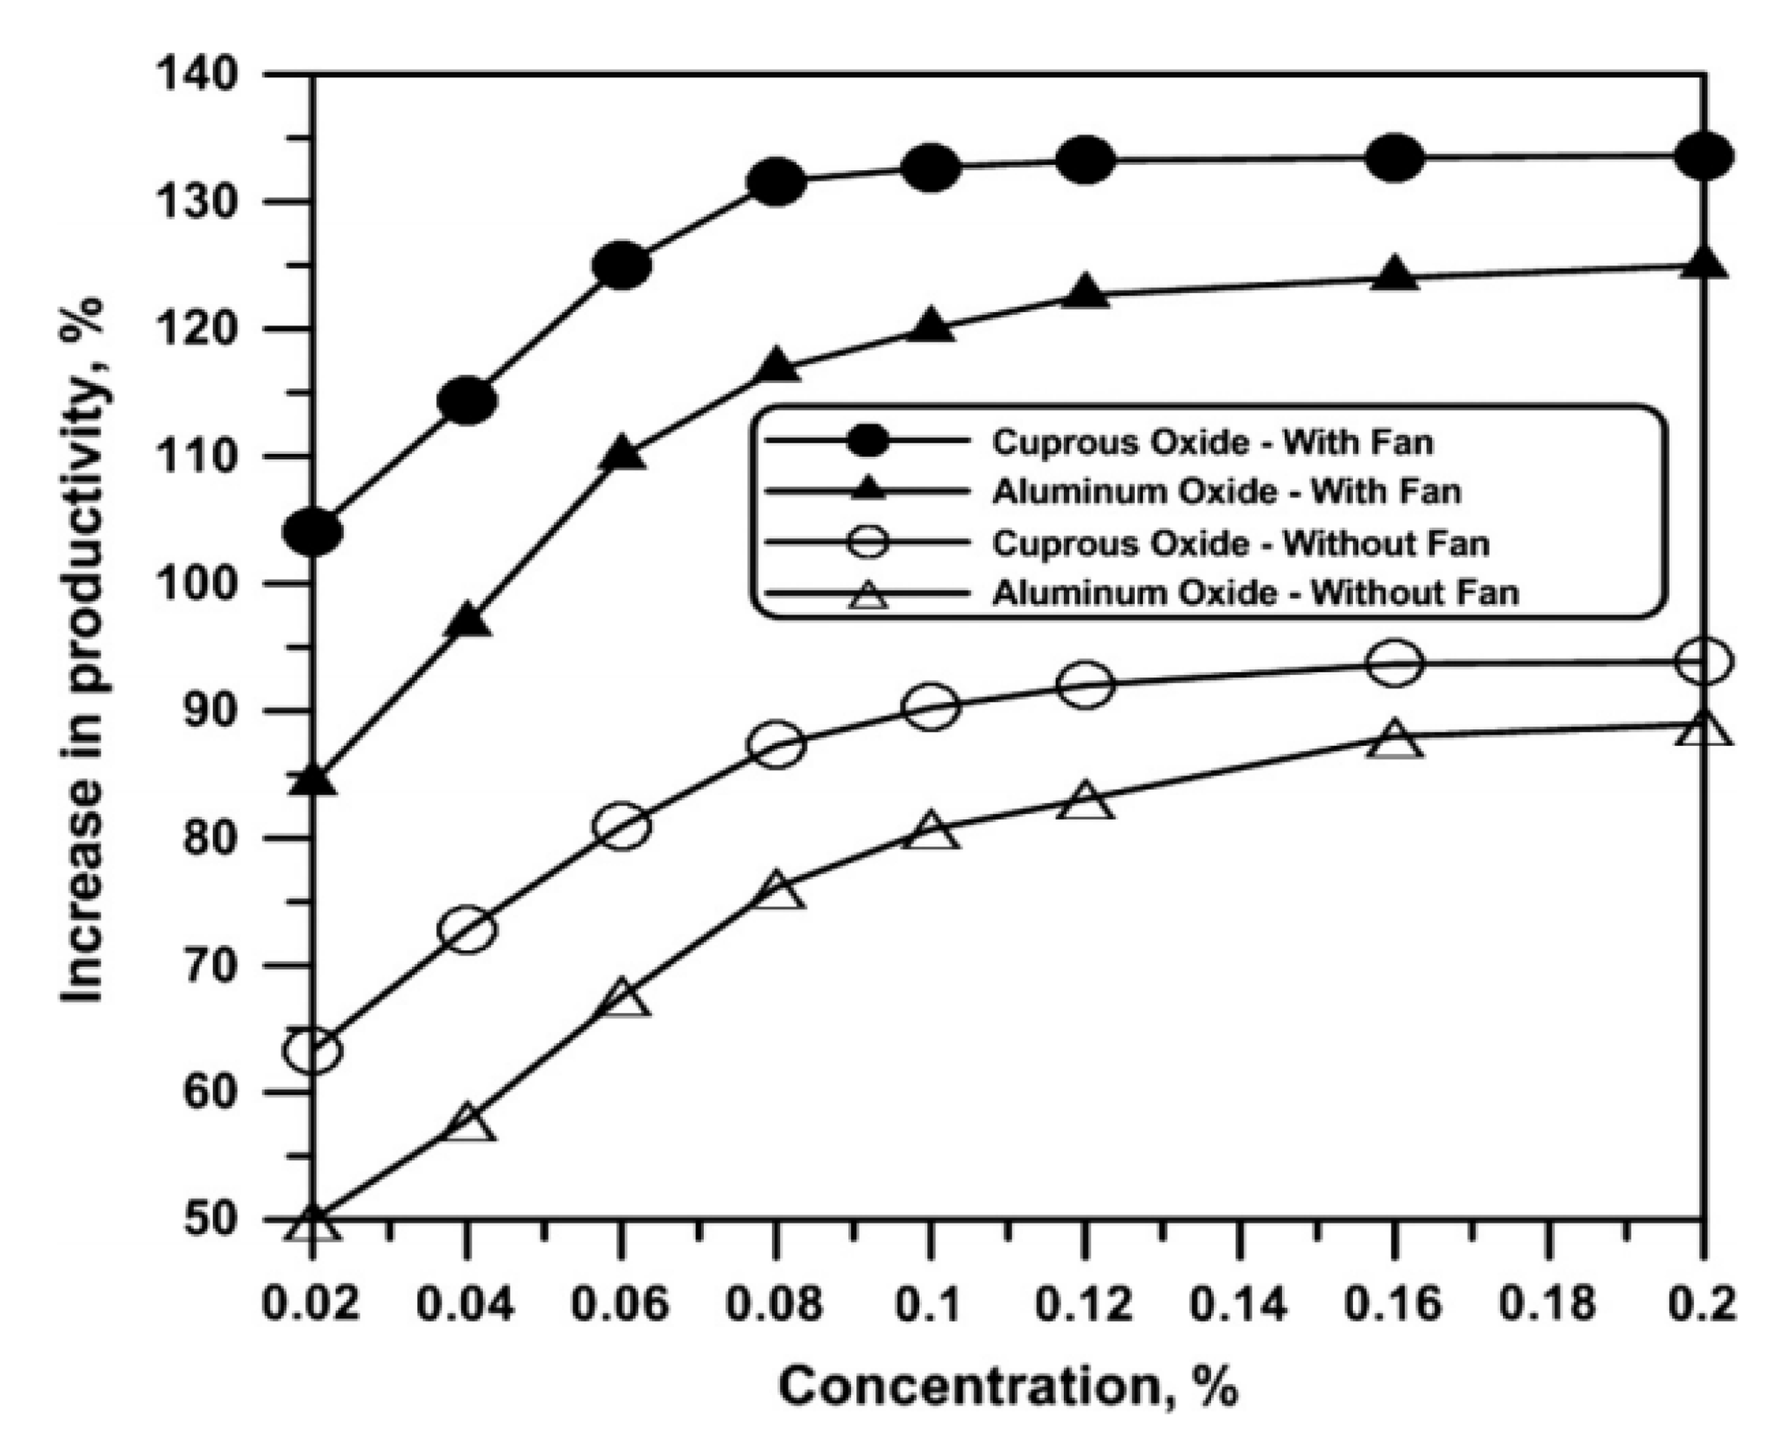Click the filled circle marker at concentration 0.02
313,531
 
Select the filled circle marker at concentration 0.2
1703,156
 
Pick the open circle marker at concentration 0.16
1393,664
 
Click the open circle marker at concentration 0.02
313,1051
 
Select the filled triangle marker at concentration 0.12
1085,292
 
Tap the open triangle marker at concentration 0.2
1703,729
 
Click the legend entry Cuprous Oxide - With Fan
1212,442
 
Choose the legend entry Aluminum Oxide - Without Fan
1254,593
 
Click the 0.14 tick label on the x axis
1239,1304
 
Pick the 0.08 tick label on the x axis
775,1304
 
